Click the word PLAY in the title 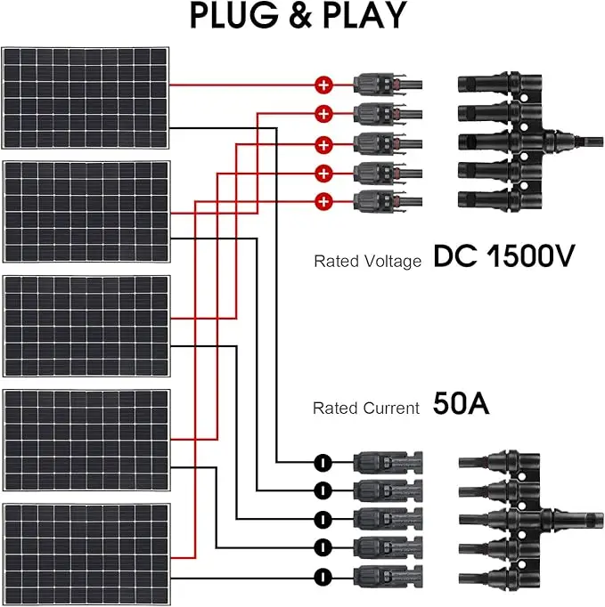click(362, 17)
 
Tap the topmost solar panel click(86, 98)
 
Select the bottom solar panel click(86, 553)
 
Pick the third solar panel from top click(86, 326)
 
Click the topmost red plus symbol click(323, 85)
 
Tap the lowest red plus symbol click(323, 200)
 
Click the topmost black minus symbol click(323, 462)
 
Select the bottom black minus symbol click(323, 574)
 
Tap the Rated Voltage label click(366, 262)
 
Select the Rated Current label click(365, 409)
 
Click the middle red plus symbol click(323, 143)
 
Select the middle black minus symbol click(323, 518)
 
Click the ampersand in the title click(298, 17)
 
